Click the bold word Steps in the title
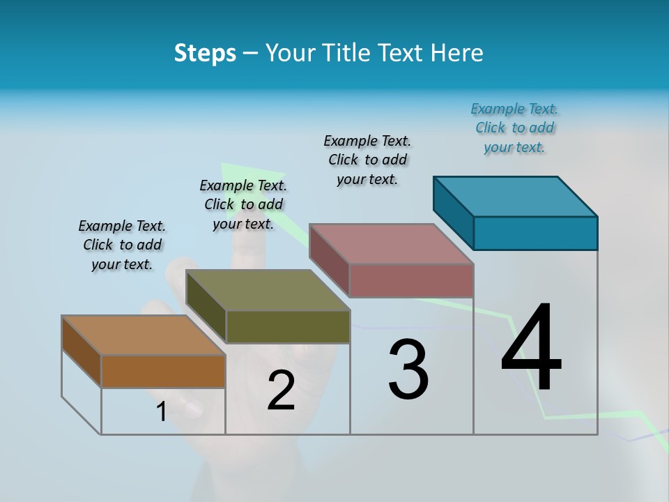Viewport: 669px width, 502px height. [x=205, y=53]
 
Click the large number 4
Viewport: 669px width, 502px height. [x=531, y=349]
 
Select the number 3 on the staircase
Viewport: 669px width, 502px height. [x=408, y=370]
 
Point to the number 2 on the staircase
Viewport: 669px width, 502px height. [x=281, y=390]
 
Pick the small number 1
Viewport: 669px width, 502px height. [x=161, y=411]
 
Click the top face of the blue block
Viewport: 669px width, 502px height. [x=516, y=196]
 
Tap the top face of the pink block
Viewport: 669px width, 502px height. [x=392, y=244]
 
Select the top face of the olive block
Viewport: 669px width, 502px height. [x=268, y=290]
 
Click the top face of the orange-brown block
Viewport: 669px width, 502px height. [x=144, y=335]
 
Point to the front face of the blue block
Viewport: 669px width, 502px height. [x=535, y=233]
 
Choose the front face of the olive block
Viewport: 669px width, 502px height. [x=288, y=326]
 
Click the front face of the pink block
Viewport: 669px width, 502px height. [x=411, y=280]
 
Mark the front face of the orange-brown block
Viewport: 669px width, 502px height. [x=163, y=371]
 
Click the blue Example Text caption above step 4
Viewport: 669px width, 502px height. [x=514, y=128]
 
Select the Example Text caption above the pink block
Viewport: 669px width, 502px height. [x=367, y=160]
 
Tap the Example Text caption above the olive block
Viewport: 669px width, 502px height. [x=243, y=204]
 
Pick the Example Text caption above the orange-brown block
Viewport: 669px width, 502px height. [x=122, y=245]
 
